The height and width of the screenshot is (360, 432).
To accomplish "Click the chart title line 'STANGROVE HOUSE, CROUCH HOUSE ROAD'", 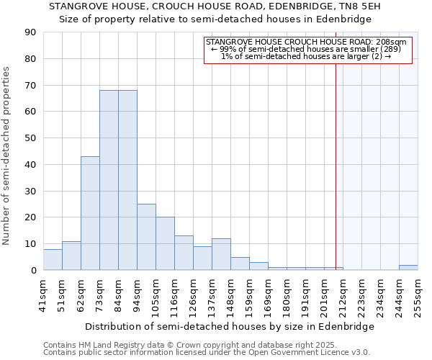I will pyautogui.click(x=215, y=6).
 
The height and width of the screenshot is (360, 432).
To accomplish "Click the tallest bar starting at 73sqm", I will pyautogui.click(x=109, y=180).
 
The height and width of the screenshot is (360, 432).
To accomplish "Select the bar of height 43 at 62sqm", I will pyautogui.click(x=90, y=213).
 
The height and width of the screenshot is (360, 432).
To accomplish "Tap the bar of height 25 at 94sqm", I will pyautogui.click(x=146, y=237).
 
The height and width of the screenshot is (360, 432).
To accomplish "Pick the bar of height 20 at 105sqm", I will pyautogui.click(x=165, y=243).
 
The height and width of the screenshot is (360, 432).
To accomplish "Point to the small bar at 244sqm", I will pyautogui.click(x=408, y=268).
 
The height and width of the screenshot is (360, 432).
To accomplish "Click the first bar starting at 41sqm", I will pyautogui.click(x=53, y=260).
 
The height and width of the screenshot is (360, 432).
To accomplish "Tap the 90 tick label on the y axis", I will pyautogui.click(x=30, y=32).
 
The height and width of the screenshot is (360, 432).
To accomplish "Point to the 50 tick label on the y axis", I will pyautogui.click(x=30, y=138).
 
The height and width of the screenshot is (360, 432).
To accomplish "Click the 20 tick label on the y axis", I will pyautogui.click(x=30, y=217).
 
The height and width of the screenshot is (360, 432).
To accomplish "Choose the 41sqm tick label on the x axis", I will pyautogui.click(x=43, y=294).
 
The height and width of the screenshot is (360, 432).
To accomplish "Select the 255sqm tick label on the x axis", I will pyautogui.click(x=418, y=294).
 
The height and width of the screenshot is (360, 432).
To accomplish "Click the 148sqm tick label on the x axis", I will pyautogui.click(x=230, y=294).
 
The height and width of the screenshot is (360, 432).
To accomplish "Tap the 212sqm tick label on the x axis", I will pyautogui.click(x=343, y=294).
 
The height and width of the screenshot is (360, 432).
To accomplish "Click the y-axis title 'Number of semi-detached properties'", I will pyautogui.click(x=7, y=156).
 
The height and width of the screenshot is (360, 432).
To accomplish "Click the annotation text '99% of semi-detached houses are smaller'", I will pyautogui.click(x=308, y=49).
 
